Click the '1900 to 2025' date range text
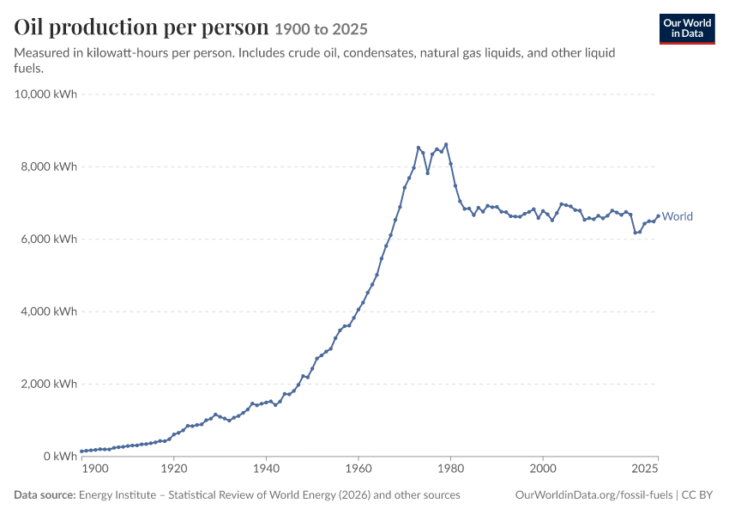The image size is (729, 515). click(x=322, y=29)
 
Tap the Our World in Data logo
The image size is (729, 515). click(x=687, y=29)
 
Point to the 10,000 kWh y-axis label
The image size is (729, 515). click(x=45, y=94)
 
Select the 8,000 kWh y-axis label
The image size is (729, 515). click(x=49, y=167)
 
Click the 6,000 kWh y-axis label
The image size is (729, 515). click(x=49, y=239)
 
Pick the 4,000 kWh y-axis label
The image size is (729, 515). click(x=49, y=312)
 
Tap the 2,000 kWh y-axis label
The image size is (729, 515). click(x=49, y=384)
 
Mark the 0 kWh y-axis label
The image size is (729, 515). click(x=60, y=457)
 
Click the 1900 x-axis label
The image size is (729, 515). click(x=95, y=469)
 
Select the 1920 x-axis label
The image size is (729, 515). click(x=174, y=469)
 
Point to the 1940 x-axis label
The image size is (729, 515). click(x=267, y=469)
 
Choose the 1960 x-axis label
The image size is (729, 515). click(x=358, y=469)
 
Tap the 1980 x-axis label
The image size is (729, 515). click(x=450, y=469)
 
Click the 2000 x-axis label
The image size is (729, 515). click(x=543, y=469)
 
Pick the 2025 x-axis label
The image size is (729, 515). click(x=645, y=469)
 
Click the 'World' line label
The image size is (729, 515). click(x=678, y=216)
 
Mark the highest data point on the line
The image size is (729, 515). click(x=446, y=144)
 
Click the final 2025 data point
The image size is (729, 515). click(x=659, y=215)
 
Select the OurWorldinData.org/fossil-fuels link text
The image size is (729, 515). click(x=593, y=495)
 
